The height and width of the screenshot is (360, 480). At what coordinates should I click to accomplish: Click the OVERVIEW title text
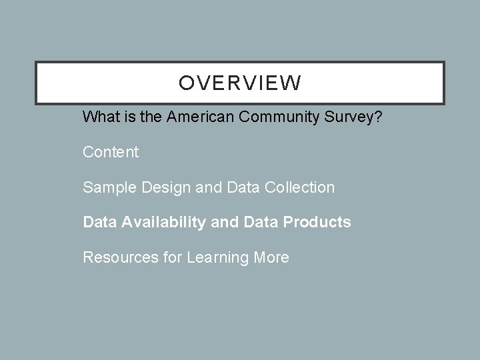click(x=240, y=83)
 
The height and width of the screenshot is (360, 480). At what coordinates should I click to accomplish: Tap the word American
click(x=197, y=117)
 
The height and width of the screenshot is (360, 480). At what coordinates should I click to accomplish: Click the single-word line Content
click(x=111, y=152)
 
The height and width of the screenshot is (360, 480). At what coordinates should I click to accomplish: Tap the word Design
click(x=161, y=187)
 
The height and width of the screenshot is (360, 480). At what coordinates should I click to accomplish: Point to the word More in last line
click(x=271, y=257)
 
